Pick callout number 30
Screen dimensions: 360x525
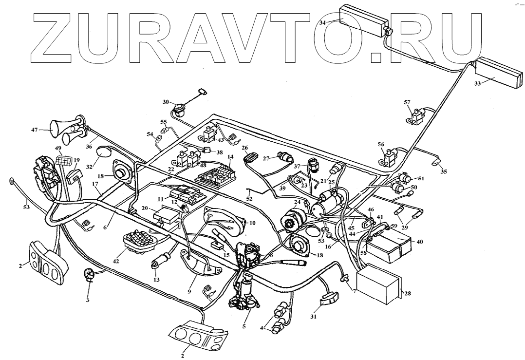tap(166, 102)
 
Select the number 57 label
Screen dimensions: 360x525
tap(408, 102)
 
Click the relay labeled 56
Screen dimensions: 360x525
tap(390, 157)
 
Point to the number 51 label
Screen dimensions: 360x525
tap(421, 178)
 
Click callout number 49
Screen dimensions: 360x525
tap(58, 148)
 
